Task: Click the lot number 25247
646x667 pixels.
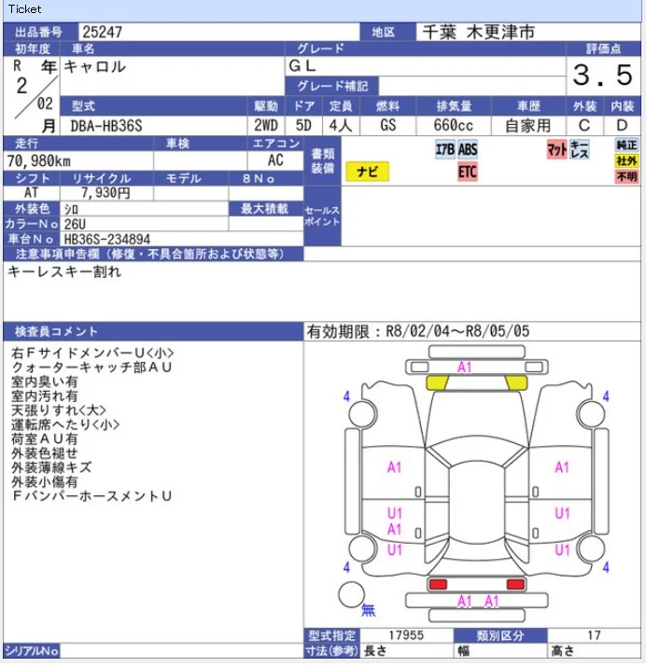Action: (102, 32)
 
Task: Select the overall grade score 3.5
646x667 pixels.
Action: (603, 75)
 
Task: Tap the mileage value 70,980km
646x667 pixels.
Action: (38, 160)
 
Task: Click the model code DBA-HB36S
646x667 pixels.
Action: (106, 126)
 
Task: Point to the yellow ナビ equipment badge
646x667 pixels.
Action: (367, 172)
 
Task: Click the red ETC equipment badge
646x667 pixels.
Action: (468, 172)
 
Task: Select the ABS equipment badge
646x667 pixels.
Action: (468, 149)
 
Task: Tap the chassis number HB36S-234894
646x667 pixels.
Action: (106, 239)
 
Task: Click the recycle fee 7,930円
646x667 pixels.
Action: (105, 193)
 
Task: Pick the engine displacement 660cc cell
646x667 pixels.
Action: (453, 125)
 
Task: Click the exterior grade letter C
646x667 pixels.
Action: (584, 125)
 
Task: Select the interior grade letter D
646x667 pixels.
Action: (622, 125)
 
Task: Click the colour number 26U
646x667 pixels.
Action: (75, 224)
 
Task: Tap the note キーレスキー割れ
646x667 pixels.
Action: (64, 271)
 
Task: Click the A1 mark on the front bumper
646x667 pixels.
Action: (464, 368)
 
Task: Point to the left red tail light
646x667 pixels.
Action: (438, 584)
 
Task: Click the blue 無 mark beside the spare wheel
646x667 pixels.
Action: (368, 610)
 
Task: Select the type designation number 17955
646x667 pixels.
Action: (406, 635)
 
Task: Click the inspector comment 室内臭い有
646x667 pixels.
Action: (44, 382)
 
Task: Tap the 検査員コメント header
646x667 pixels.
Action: (56, 331)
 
